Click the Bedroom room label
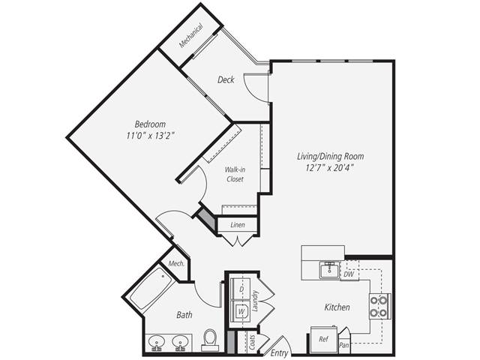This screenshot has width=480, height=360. coord(150,124)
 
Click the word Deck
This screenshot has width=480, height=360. coord(226,79)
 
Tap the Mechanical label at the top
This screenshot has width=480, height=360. coord(190,34)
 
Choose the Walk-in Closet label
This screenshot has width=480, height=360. coord(235,174)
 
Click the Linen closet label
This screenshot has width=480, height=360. coord(238,224)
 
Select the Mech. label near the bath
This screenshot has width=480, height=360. coord(176,263)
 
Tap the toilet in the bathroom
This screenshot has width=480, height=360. coord(211,340)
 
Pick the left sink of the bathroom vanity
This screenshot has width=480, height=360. coord(157,342)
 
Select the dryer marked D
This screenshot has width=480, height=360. coord(241,288)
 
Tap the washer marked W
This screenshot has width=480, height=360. coord(241,309)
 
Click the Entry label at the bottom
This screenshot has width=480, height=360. coord(279,352)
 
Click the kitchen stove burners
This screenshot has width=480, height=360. coord(379,306)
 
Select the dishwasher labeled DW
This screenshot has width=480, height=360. coord(348,274)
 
